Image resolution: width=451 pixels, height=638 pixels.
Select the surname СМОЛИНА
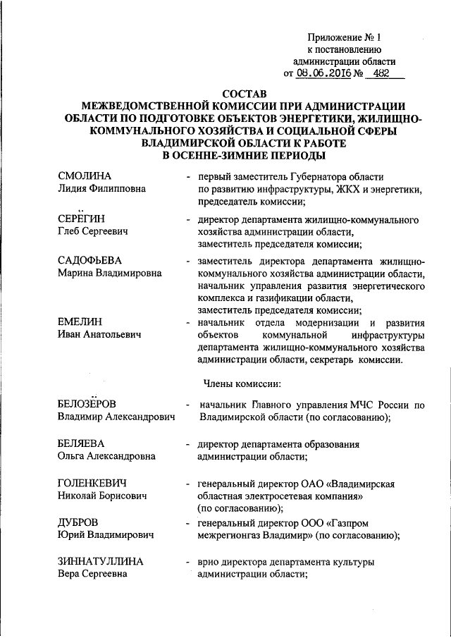[x=85, y=176]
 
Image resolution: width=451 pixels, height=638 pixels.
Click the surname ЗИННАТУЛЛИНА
[x=101, y=562]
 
